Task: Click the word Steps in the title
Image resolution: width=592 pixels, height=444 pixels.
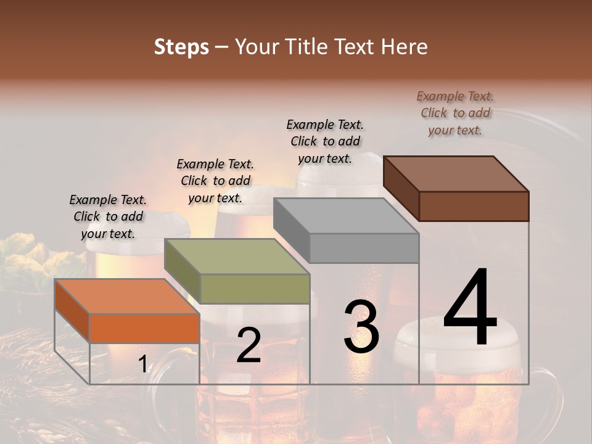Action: click(181, 47)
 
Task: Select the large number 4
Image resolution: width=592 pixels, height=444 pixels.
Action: click(470, 308)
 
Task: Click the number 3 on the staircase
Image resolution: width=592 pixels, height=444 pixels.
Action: click(361, 327)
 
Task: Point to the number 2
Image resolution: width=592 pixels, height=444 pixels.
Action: click(249, 345)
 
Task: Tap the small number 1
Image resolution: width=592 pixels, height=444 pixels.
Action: click(143, 364)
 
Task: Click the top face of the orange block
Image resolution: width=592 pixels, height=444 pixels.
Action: click(126, 296)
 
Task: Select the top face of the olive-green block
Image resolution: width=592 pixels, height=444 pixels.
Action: click(237, 256)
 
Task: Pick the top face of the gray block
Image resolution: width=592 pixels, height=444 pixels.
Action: click(346, 216)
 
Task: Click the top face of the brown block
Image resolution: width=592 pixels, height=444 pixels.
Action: click(456, 173)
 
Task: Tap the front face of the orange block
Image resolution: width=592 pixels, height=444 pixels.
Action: click(144, 328)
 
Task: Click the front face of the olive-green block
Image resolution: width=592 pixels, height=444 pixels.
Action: click(255, 289)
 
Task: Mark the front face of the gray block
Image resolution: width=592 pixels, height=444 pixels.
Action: click(364, 249)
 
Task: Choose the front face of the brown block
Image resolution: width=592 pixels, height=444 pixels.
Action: click(474, 206)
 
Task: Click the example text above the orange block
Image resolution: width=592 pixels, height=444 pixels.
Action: click(108, 216)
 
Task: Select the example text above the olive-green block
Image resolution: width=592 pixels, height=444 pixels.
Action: click(215, 181)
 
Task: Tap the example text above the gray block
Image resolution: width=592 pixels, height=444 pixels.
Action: click(325, 141)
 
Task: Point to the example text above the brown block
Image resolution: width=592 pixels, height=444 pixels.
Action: click(455, 113)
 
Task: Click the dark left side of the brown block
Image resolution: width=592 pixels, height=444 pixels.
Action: click(401, 188)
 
